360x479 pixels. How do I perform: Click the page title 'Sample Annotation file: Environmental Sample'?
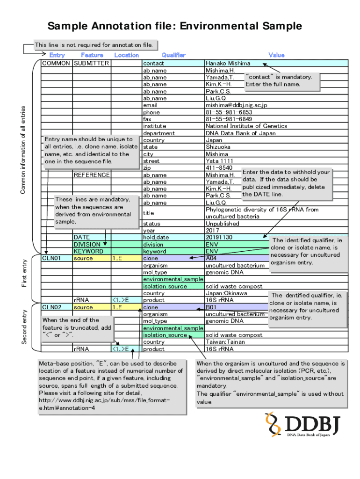tap(175, 26)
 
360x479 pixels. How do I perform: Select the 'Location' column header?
tap(126, 55)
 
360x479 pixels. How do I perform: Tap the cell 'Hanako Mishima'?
tap(228, 63)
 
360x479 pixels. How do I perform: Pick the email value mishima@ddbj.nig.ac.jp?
tap(237, 105)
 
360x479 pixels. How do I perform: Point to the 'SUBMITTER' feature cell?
tap(92, 63)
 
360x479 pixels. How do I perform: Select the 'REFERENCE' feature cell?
tap(92, 175)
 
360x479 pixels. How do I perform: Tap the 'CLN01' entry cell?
tap(51, 258)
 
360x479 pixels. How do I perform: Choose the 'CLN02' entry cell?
tap(51, 307)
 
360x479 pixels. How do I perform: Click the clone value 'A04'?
tap(211, 258)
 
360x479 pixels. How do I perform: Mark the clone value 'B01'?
tap(211, 307)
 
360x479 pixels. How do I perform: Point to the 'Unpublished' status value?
tap(223, 224)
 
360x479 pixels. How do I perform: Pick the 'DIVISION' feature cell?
tap(87, 244)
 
